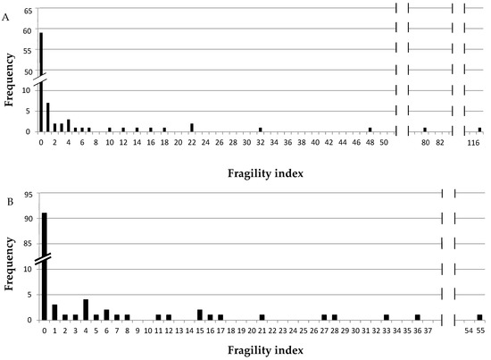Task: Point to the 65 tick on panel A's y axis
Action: (29, 10)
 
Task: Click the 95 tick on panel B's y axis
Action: (29, 194)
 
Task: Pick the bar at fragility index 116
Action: (479, 130)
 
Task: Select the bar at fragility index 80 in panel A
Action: (425, 130)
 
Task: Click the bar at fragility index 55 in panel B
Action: (479, 316)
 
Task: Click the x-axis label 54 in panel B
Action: (469, 331)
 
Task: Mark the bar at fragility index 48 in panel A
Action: (370, 130)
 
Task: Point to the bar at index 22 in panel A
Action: (192, 128)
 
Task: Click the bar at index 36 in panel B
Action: (417, 316)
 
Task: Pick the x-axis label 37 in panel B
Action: (428, 331)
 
